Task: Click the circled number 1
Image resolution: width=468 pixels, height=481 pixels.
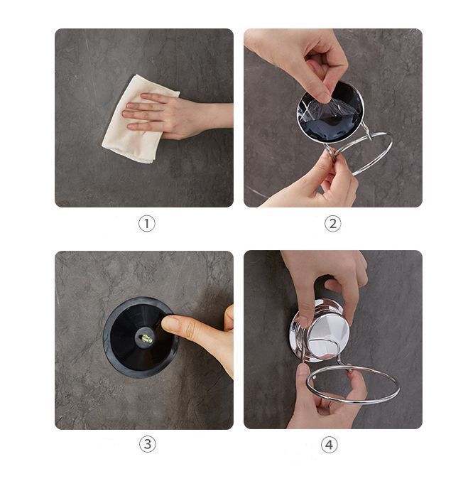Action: (x=146, y=224)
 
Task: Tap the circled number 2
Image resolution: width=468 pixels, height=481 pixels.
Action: (x=332, y=224)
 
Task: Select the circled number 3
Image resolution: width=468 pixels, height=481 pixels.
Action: (x=148, y=444)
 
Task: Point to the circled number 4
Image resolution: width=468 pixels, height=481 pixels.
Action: (x=329, y=445)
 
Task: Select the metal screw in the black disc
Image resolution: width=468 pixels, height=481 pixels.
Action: (x=147, y=339)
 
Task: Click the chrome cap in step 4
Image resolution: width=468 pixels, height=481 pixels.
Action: (x=320, y=330)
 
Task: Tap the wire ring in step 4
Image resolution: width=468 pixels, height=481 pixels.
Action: (x=353, y=398)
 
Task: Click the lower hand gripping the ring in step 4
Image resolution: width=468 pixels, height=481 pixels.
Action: (x=325, y=399)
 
